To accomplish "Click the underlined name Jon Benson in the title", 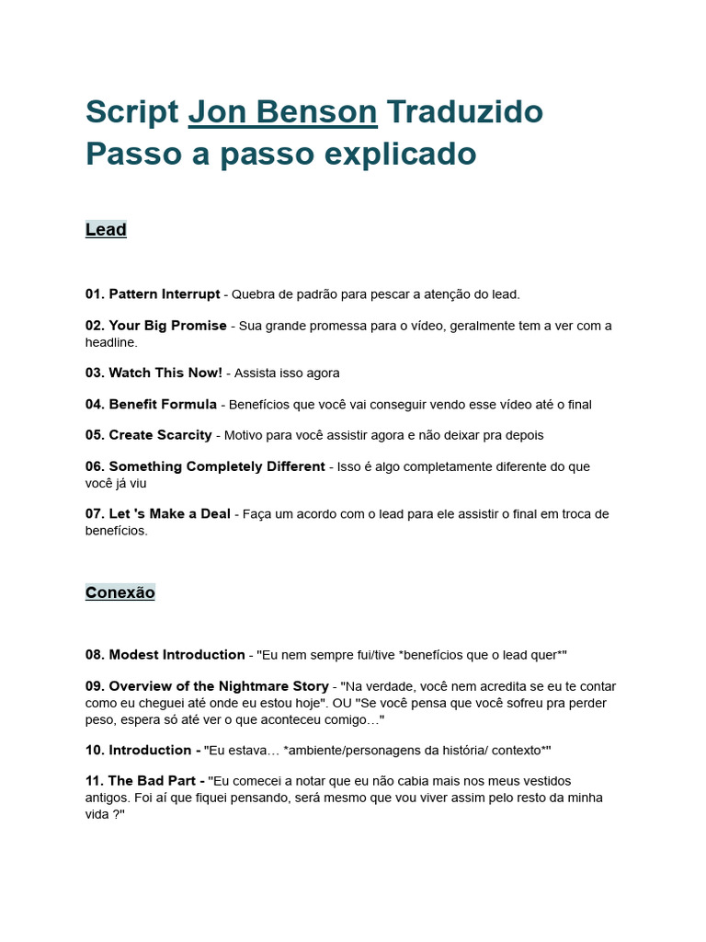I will pyautogui.click(x=282, y=112).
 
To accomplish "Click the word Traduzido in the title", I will pyautogui.click(x=464, y=112).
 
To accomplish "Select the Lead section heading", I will pyautogui.click(x=106, y=230).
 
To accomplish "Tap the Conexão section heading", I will pyautogui.click(x=120, y=592).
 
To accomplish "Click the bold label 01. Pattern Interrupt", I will pyautogui.click(x=153, y=294).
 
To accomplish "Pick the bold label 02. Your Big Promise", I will pyautogui.click(x=156, y=326).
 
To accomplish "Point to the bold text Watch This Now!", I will pyautogui.click(x=165, y=373).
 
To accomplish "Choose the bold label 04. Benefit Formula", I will pyautogui.click(x=152, y=405).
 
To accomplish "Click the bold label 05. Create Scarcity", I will pyautogui.click(x=149, y=435).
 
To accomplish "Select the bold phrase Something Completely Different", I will pyautogui.click(x=217, y=466).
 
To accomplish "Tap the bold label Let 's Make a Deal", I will pyautogui.click(x=169, y=514).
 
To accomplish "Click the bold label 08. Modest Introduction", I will pyautogui.click(x=165, y=655).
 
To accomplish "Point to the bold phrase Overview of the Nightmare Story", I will pyautogui.click(x=219, y=686).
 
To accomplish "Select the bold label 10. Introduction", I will pyautogui.click(x=143, y=750).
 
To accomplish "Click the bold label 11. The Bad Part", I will pyautogui.click(x=145, y=781).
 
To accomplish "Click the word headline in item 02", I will pyautogui.click(x=111, y=342).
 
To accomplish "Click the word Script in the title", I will pyautogui.click(x=131, y=112).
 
